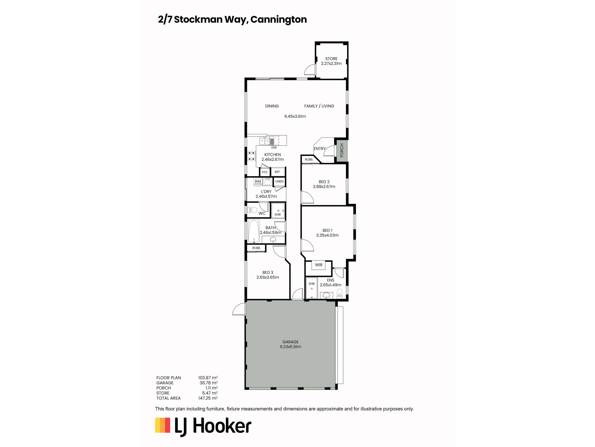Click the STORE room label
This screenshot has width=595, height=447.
click(x=331, y=59)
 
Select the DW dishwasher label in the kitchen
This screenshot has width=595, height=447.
click(x=274, y=148)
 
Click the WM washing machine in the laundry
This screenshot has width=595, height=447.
click(x=258, y=182)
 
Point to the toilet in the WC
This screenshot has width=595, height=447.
click(x=252, y=210)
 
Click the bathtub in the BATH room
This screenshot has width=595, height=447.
click(x=254, y=231)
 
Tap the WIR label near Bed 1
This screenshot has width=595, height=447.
click(x=319, y=265)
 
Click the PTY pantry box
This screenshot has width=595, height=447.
click(x=265, y=172)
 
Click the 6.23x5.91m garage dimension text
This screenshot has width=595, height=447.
click(x=291, y=347)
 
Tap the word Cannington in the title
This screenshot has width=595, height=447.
click(x=278, y=19)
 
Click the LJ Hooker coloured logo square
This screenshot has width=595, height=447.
click(x=163, y=425)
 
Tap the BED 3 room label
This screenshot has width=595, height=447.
click(x=268, y=272)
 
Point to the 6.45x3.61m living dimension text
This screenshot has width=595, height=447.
click(x=295, y=116)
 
